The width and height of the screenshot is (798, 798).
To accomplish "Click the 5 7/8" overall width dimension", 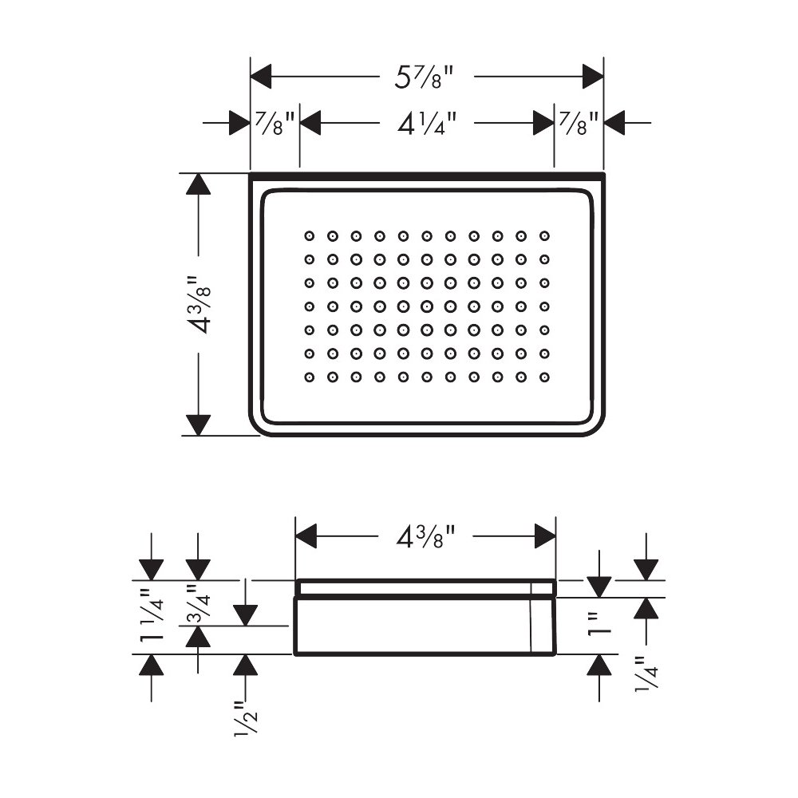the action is [424, 77].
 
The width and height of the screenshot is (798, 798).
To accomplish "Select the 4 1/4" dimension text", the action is [426, 124].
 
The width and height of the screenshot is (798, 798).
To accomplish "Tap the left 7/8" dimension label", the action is [275, 124].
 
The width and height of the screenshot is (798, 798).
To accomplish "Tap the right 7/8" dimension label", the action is [579, 124].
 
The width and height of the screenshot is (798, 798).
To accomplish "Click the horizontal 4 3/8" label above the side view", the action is [425, 536].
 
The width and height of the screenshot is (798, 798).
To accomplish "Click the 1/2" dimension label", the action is [247, 718].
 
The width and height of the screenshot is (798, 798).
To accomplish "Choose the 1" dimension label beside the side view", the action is [599, 625].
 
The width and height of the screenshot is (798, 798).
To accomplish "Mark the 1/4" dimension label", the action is [646, 672].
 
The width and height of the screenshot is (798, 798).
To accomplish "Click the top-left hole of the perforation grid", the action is [310, 236].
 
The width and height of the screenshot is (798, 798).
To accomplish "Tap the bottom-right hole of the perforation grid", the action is [544, 377].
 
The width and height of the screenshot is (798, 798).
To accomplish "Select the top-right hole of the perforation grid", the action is [544, 236].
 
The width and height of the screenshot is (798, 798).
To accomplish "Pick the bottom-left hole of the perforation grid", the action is [310, 377].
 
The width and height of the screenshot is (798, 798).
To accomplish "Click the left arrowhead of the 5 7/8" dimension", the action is [261, 77].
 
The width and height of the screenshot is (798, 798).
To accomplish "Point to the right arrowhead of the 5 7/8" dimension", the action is [593, 77].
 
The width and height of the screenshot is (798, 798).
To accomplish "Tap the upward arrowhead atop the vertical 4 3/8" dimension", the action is [199, 184].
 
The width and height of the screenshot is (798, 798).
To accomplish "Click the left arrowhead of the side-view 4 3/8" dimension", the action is [306, 536].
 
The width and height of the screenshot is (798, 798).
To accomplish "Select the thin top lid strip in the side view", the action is [425, 588].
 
